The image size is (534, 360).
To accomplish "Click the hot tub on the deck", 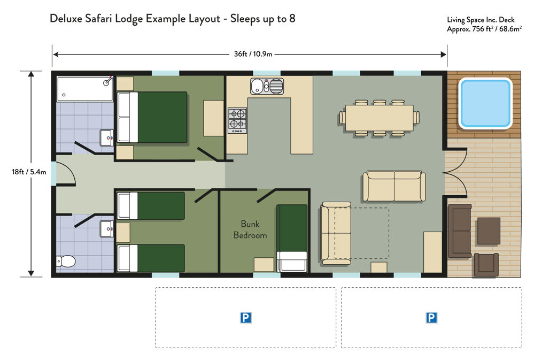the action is (485, 103).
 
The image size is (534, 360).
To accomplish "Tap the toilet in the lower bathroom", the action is (66, 262).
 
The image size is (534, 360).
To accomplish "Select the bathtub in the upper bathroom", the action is (85, 89).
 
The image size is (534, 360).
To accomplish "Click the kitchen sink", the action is (267, 86).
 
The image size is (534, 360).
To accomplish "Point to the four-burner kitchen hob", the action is (237, 121).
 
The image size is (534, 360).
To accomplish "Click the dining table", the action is (380, 118).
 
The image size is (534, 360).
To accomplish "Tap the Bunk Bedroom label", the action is (250, 229).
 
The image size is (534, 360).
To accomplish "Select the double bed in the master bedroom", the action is (152, 117).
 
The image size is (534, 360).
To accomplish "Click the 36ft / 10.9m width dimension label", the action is (253, 54).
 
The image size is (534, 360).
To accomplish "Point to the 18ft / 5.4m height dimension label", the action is (29, 172).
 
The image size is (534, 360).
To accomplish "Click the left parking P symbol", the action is (245, 318).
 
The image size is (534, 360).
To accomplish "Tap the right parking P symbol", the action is (431, 318).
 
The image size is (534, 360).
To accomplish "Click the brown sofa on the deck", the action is (460, 231).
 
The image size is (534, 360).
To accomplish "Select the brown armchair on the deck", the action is (486, 265).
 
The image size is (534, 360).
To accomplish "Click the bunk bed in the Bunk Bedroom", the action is (292, 238).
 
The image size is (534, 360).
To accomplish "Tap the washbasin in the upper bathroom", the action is (106, 137).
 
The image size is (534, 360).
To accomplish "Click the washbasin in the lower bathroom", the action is (106, 229).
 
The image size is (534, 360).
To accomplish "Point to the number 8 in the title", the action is (292, 18).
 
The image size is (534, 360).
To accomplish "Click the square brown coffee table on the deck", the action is (489, 231).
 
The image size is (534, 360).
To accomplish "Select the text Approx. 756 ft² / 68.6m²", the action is (484, 29).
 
